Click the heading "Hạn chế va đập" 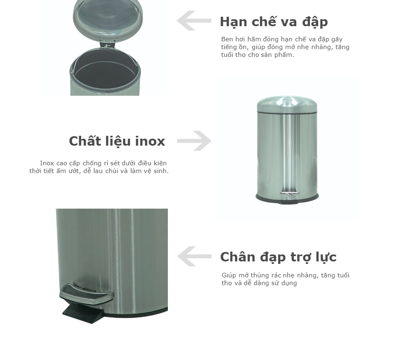tap(274, 22)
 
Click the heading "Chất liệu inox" tap(117, 141)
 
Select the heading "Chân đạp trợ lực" tap(278, 257)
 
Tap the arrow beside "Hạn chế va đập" tap(194, 21)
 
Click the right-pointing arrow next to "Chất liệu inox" tap(194, 141)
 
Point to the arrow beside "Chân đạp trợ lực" tap(194, 256)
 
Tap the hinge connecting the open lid tap(107, 45)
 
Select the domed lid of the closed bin tap(287, 104)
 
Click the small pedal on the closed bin tap(290, 193)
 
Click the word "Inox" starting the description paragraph tap(47, 163)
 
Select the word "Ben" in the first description tap(227, 39)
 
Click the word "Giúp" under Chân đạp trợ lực tap(229, 276)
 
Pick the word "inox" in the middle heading tap(150, 141)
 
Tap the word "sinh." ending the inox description tap(160, 171)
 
